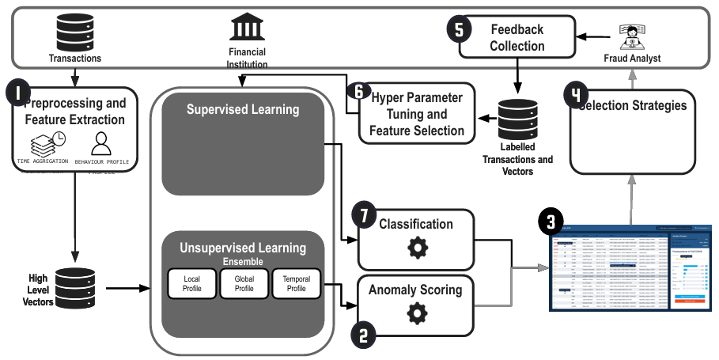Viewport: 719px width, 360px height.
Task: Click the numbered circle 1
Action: coord(17,93)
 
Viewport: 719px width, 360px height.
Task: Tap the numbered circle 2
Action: coord(362,335)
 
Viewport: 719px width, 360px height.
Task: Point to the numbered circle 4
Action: coord(576,96)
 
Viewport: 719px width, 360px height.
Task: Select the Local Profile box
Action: coord(191,284)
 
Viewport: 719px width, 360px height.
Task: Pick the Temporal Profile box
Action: coord(296,284)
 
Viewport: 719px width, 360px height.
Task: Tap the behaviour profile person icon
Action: coord(101,143)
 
